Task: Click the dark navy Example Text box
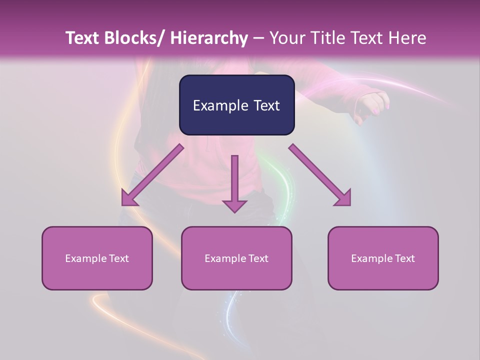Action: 236,105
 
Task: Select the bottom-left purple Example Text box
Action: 97,258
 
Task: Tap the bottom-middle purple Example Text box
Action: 236,258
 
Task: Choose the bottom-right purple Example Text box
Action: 383,258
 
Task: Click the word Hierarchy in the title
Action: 209,38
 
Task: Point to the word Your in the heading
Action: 286,38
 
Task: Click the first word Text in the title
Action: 83,38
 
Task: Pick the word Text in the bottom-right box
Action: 404,258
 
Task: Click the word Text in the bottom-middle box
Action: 257,258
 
